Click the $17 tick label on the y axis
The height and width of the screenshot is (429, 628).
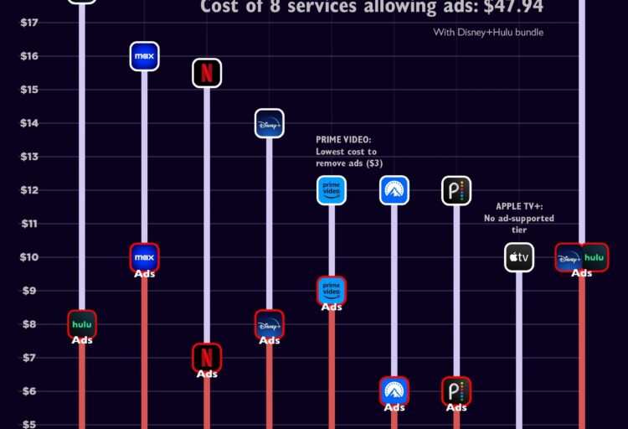click(28, 22)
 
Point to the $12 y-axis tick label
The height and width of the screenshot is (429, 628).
click(28, 189)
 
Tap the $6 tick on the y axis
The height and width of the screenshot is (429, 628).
click(28, 390)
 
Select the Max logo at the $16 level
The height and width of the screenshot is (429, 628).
click(144, 55)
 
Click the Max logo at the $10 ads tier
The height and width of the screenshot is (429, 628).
click(144, 256)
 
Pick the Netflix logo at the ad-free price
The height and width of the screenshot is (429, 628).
click(207, 72)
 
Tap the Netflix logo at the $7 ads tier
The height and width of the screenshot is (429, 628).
click(207, 357)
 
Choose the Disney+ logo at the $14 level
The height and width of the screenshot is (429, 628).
click(270, 123)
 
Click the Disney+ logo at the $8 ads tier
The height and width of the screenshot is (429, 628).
click(270, 324)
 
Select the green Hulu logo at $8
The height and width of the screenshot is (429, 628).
click(82, 323)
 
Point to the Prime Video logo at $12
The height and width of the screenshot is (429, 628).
click(332, 190)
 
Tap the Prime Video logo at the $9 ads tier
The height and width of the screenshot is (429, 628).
click(332, 290)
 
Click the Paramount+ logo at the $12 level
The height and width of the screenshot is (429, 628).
click(394, 190)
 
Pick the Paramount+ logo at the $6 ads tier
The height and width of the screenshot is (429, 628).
click(394, 390)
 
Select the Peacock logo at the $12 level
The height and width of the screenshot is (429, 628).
click(456, 190)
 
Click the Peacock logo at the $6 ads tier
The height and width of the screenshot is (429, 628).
click(456, 390)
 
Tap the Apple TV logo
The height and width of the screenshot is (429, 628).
click(519, 257)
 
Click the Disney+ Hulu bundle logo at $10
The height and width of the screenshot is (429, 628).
click(582, 257)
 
